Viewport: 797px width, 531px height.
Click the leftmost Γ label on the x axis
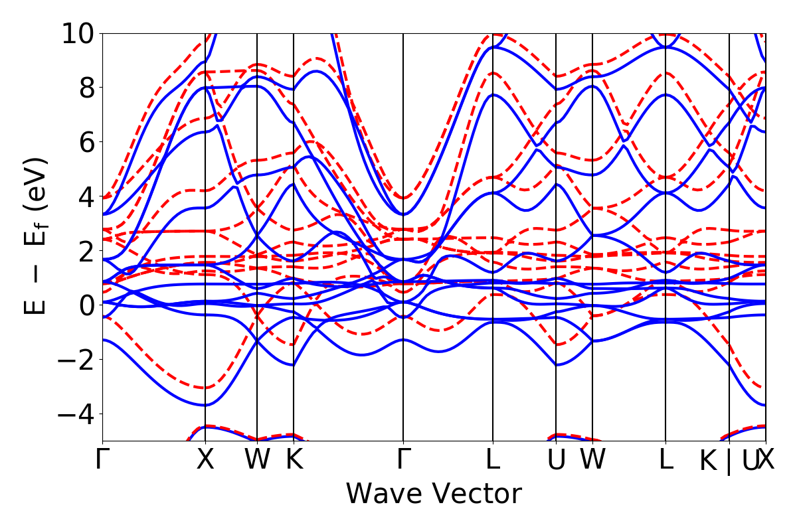(x=102, y=460)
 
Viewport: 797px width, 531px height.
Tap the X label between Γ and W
(x=205, y=460)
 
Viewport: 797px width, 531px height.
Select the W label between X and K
(x=257, y=460)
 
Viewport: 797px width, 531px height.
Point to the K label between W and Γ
(x=294, y=460)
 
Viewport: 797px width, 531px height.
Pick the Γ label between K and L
(x=402, y=460)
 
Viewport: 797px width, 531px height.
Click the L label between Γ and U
(x=493, y=460)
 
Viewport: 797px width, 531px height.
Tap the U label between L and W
(x=556, y=460)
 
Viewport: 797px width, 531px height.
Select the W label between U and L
(x=592, y=460)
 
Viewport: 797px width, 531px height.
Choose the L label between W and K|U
(x=665, y=460)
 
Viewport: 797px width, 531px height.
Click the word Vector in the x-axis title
(x=478, y=494)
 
